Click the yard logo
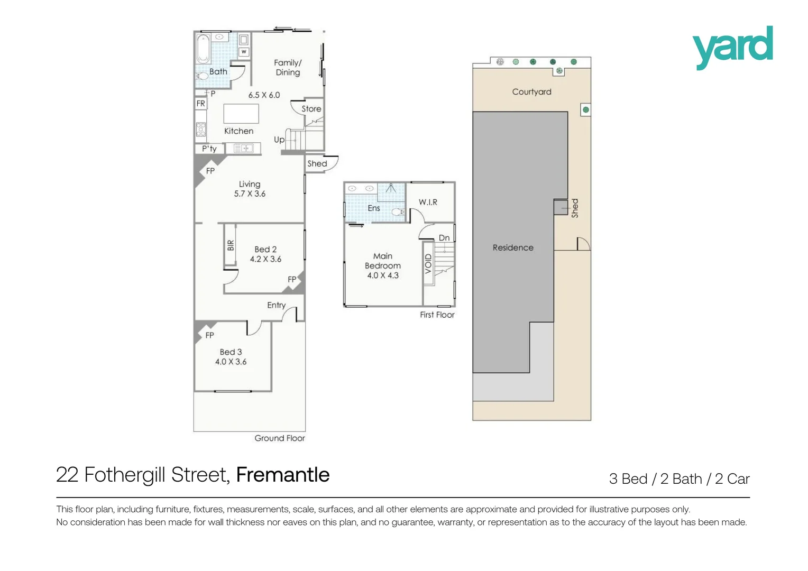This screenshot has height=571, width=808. pyautogui.click(x=732, y=47)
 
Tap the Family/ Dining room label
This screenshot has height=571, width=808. pyautogui.click(x=288, y=68)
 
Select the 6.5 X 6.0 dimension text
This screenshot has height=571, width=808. pyautogui.click(x=264, y=95)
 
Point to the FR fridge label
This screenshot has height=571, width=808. pyautogui.click(x=200, y=104)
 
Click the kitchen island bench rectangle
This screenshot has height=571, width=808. pyautogui.click(x=241, y=114)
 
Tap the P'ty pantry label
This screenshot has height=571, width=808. pyautogui.click(x=209, y=149)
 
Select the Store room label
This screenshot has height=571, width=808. pyautogui.click(x=311, y=109)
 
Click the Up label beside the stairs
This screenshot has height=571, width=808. pyautogui.click(x=279, y=140)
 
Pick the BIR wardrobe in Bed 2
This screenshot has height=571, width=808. pyautogui.click(x=231, y=245)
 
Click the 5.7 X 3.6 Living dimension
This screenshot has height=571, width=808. pyautogui.click(x=250, y=194)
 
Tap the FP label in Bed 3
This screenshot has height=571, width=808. pyautogui.click(x=210, y=335)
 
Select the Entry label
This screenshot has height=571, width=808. pyautogui.click(x=276, y=305)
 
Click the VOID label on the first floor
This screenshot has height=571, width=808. pyautogui.click(x=428, y=264)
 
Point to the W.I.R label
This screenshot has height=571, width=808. pyautogui.click(x=428, y=202)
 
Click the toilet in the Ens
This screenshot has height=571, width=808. pyautogui.click(x=397, y=212)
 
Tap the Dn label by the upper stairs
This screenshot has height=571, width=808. pyautogui.click(x=444, y=238)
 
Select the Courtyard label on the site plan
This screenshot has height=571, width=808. pyautogui.click(x=531, y=92)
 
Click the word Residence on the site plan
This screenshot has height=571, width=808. pyautogui.click(x=513, y=247)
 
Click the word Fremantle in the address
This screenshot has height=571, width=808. pyautogui.click(x=282, y=475)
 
